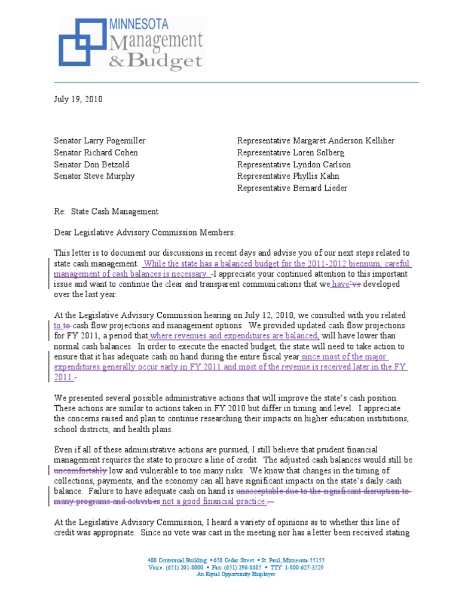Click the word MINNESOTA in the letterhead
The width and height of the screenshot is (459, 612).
tap(139, 24)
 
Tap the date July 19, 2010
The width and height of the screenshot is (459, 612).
tap(78, 100)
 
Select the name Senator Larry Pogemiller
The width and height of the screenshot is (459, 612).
tap(99, 141)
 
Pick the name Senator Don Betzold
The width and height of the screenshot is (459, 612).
tap(91, 164)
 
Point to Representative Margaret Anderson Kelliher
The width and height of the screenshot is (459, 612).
tap(316, 141)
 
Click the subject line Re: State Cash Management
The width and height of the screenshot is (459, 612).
tap(106, 211)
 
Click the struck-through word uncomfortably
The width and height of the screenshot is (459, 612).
tap(80, 471)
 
